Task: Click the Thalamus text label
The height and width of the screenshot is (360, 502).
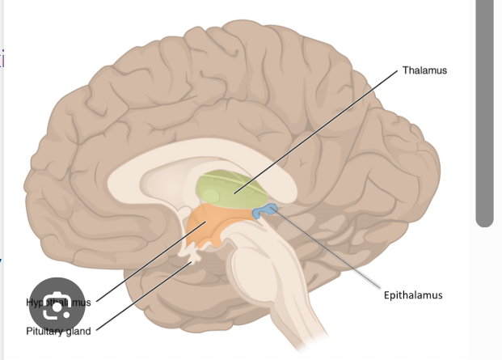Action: click(424, 70)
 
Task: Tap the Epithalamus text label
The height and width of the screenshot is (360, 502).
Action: click(413, 295)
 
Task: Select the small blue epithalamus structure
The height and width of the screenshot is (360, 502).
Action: click(266, 212)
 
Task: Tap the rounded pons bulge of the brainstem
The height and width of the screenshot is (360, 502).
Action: click(247, 267)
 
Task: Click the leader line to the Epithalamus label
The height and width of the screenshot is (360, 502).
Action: click(331, 251)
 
